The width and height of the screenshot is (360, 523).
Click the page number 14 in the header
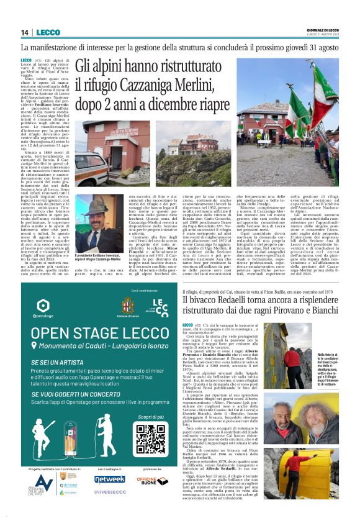25,32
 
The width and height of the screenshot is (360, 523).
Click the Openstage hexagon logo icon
43,306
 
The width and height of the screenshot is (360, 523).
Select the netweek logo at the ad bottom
110,479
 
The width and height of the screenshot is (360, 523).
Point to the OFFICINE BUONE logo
153,480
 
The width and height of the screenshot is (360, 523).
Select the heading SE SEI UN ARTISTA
59,362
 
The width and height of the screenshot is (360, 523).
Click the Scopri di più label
150,417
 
